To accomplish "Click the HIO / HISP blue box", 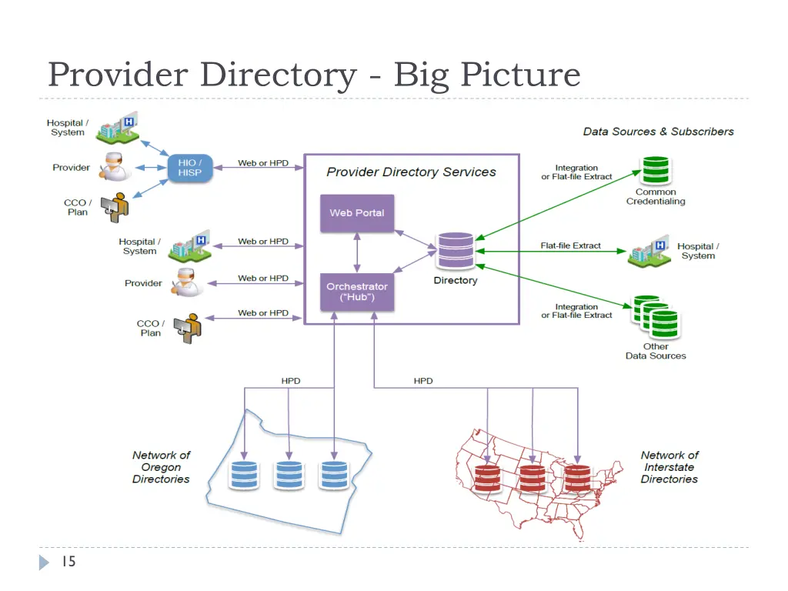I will tap(189, 168).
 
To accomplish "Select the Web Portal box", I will tap(357, 213).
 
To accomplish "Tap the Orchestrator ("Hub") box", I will tap(357, 292).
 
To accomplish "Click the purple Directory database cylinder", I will tap(456, 250).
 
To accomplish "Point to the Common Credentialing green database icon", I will tap(656, 171).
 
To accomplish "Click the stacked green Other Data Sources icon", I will tap(655, 317).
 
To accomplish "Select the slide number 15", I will tap(68, 562).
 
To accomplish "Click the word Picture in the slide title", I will tap(519, 75).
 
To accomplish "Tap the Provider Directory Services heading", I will tap(411, 172).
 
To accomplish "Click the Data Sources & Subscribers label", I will tap(658, 132).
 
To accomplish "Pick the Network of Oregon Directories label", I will tap(161, 467).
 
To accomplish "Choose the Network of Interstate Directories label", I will tap(669, 467).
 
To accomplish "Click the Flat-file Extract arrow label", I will tap(570, 245).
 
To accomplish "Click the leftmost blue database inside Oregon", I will tap(244, 475).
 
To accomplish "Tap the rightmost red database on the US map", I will tap(576, 478).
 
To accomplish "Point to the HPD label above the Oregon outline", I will tap(291, 381).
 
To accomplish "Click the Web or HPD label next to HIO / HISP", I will tap(263, 163).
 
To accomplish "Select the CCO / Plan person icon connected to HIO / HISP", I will tap(117, 207).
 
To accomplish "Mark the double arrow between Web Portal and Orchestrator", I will tap(357, 252).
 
